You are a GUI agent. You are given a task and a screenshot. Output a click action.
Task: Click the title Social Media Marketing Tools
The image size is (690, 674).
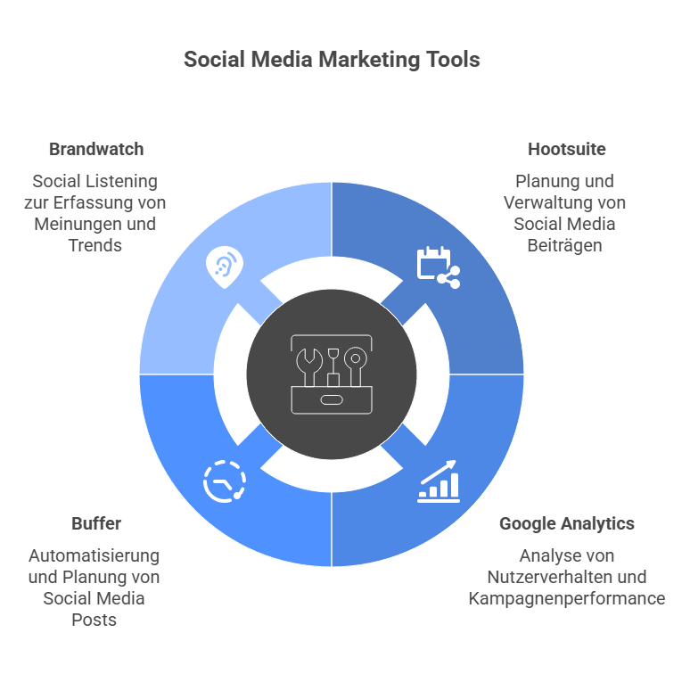pos(332,60)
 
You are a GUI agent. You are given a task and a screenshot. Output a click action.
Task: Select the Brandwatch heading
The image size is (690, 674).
pos(95,149)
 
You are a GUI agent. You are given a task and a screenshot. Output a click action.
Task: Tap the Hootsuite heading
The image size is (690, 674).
pos(566,149)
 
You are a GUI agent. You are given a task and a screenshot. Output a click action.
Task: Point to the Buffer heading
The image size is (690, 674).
pos(95,523)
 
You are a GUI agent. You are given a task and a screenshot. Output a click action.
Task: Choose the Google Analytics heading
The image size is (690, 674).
pos(566,523)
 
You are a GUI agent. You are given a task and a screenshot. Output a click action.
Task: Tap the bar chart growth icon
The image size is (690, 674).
pos(439,481)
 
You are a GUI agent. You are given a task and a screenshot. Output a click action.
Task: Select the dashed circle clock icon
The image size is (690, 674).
pos(224,482)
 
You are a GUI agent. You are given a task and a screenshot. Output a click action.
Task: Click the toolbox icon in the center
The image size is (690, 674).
pos(332,374)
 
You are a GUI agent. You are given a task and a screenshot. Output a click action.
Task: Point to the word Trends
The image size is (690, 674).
pos(95,245)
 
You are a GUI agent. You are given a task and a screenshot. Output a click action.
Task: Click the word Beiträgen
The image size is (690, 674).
pos(565,245)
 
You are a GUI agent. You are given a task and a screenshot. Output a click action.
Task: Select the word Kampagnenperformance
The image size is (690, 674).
pos(566,598)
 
